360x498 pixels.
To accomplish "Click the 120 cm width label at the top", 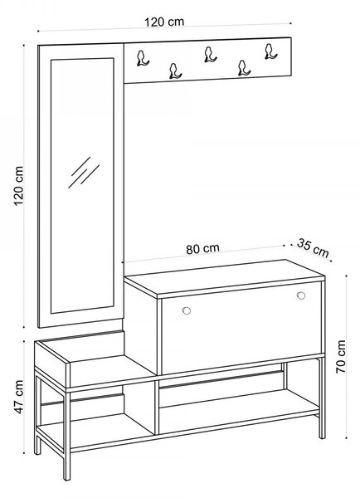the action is point(164,22).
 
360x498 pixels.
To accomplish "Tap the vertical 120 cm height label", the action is point(19,186).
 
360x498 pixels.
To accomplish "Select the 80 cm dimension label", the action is point(202,249).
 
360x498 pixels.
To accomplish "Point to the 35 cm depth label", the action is point(313,247).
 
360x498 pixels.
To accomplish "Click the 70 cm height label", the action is point(341,357).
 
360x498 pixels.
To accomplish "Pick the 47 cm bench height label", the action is point(19,397).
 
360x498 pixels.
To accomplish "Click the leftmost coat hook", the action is point(143,58).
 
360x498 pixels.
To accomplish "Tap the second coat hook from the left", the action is point(175,71).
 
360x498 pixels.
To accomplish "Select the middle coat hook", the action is point(210,55).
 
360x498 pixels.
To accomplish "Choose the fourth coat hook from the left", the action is point(244,68).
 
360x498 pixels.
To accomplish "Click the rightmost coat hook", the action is point(270,51).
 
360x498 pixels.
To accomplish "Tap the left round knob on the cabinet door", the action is point(187,310).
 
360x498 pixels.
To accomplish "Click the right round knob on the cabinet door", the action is point(301,295).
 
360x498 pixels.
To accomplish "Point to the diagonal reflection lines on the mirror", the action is point(84,173).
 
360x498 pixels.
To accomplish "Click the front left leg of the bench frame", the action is point(66,434).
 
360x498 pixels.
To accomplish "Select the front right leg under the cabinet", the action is point(322,398).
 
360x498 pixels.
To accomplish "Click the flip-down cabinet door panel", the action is point(241,328).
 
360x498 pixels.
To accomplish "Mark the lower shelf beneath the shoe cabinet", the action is point(239,412).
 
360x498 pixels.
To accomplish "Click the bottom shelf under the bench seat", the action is point(95,430).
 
